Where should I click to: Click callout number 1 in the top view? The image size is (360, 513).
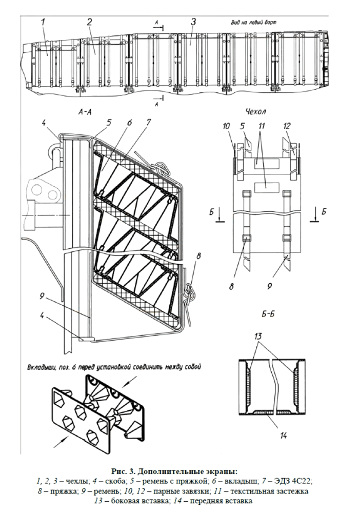pos(43,22)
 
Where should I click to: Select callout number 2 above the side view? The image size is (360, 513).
pos(89,22)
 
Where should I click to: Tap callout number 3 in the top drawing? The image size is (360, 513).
pos(193,22)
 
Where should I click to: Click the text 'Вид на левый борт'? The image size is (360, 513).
pos(252,23)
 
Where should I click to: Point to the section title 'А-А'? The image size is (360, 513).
pos(85,112)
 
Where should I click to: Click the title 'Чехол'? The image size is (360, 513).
pos(256,111)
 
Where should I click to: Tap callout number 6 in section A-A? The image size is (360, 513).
pos(129,123)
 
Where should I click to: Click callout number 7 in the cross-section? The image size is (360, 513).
pos(148,123)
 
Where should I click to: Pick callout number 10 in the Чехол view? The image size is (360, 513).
pos(227,126)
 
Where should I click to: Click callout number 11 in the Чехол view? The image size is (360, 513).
pos(261,126)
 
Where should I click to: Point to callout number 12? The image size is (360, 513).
pos(287,126)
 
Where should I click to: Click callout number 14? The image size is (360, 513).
pos(284,436)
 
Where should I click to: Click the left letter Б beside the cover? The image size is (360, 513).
pos(212,212)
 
